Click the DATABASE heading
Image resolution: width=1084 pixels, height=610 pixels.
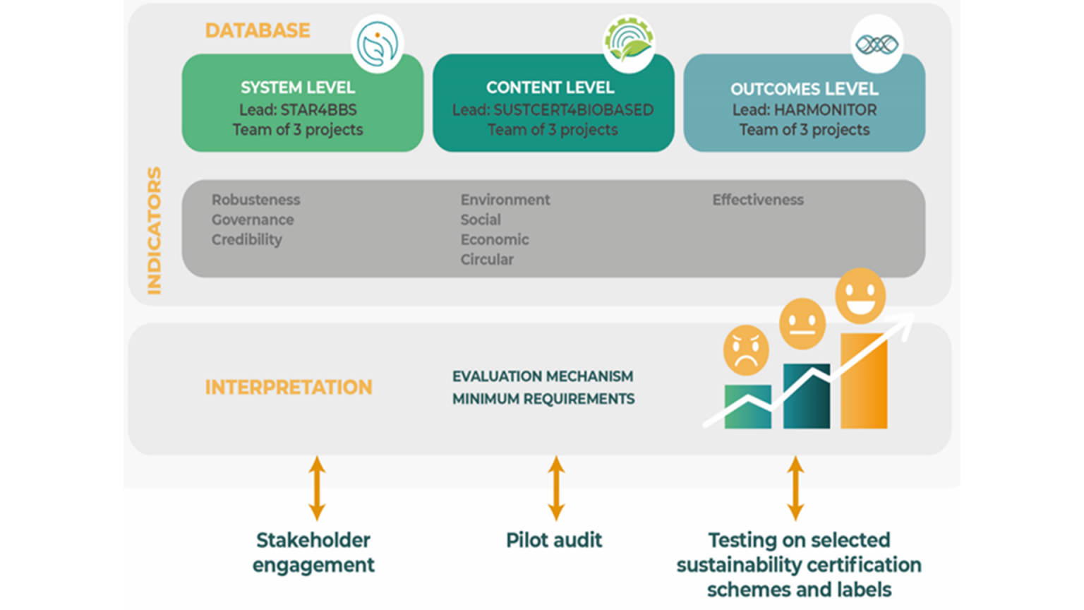coord(257,30)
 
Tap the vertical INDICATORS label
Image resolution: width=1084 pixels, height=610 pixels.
coord(154,230)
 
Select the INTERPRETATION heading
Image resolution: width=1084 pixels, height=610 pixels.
coord(288,387)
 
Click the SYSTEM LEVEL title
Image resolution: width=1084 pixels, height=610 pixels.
coord(297,88)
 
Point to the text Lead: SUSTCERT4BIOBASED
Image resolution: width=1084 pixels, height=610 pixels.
coord(553,110)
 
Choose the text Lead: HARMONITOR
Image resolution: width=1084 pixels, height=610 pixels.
coord(804,110)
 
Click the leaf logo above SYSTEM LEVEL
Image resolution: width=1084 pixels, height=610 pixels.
coord(377,44)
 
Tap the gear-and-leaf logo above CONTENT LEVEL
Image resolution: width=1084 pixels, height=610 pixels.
coord(628,44)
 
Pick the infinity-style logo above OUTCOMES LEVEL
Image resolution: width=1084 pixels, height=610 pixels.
coord(877,44)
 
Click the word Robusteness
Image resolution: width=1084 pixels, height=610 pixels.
coord(255,200)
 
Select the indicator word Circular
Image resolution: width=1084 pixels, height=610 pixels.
coord(487,259)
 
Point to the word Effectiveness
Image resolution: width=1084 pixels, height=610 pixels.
coord(757,200)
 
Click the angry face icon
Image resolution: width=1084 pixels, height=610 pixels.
coord(745,350)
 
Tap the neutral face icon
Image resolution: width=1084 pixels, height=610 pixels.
coord(802,323)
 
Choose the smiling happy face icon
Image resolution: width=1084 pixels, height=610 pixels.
coord(860,295)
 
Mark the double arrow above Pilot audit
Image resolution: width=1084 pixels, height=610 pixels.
coord(556,488)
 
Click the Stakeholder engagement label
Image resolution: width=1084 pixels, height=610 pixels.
coord(313,552)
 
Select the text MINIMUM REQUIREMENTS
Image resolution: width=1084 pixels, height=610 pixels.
coord(543,399)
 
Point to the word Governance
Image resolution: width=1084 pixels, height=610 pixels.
coord(252,220)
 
